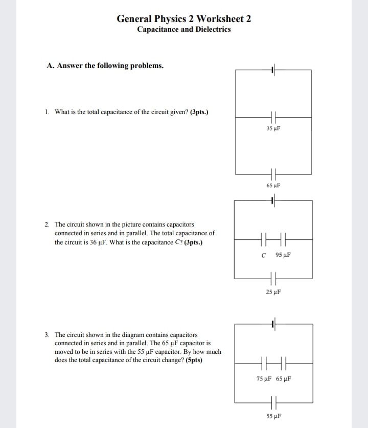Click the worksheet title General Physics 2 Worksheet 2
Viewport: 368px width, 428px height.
[183, 19]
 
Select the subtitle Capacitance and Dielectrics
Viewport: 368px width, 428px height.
[183, 29]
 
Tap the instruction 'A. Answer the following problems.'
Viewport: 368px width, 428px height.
[105, 65]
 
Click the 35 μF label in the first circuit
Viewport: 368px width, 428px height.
[273, 128]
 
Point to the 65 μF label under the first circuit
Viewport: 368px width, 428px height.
[273, 186]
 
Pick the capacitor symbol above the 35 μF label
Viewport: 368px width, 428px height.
[273, 117]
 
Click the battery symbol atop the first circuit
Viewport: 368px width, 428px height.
[273, 70]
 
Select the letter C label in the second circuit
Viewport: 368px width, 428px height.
[263, 255]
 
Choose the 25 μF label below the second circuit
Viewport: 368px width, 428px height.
[273, 292]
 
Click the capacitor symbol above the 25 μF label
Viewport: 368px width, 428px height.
[273, 279]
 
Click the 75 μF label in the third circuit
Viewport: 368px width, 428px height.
[264, 379]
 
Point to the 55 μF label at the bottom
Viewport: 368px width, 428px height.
[274, 416]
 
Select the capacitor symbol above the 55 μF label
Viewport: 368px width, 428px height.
[274, 402]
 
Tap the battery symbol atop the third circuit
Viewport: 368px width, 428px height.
[273, 324]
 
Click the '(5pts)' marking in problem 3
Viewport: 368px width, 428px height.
[194, 360]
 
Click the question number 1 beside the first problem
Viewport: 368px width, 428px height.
[47, 111]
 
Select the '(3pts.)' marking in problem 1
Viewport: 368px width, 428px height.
[199, 111]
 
